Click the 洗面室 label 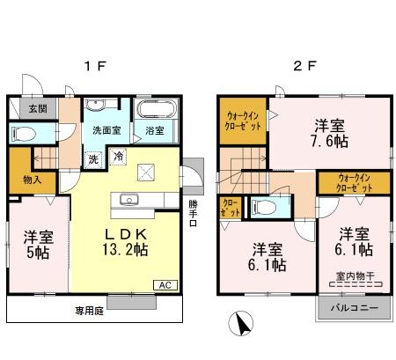(x=106, y=130)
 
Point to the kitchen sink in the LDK (x=130, y=199)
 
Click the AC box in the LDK (x=165, y=284)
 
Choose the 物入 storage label (x=21, y=180)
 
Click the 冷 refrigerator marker (x=118, y=157)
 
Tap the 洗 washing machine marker (x=93, y=159)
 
